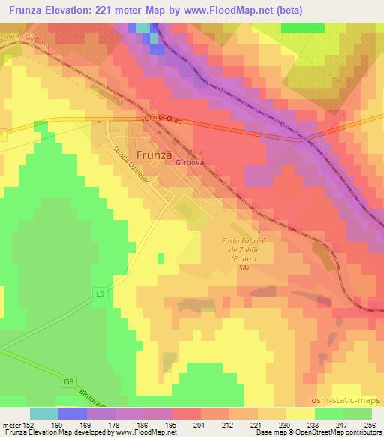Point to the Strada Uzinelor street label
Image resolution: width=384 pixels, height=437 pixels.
pos(122,166)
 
